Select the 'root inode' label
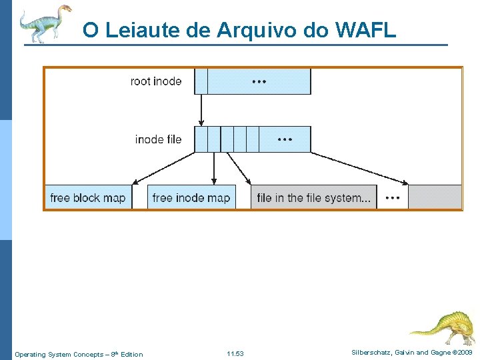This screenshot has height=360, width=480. click(156, 81)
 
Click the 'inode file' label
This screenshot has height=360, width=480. click(158, 139)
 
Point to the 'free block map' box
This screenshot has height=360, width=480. click(87, 198)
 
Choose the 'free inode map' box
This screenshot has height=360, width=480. click(191, 198)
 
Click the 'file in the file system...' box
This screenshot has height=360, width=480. click(313, 198)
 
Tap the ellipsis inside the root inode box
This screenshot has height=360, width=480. click(259, 81)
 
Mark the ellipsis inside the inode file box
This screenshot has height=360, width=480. click(285, 139)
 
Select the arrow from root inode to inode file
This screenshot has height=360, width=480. click(201, 110)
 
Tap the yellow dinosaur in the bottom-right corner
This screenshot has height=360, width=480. click(443, 326)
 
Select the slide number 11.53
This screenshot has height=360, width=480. click(235, 354)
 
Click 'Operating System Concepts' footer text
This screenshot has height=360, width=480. click(59, 354)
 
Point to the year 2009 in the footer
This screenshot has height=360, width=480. click(464, 353)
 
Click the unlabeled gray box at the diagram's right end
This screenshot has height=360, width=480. click(435, 198)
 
